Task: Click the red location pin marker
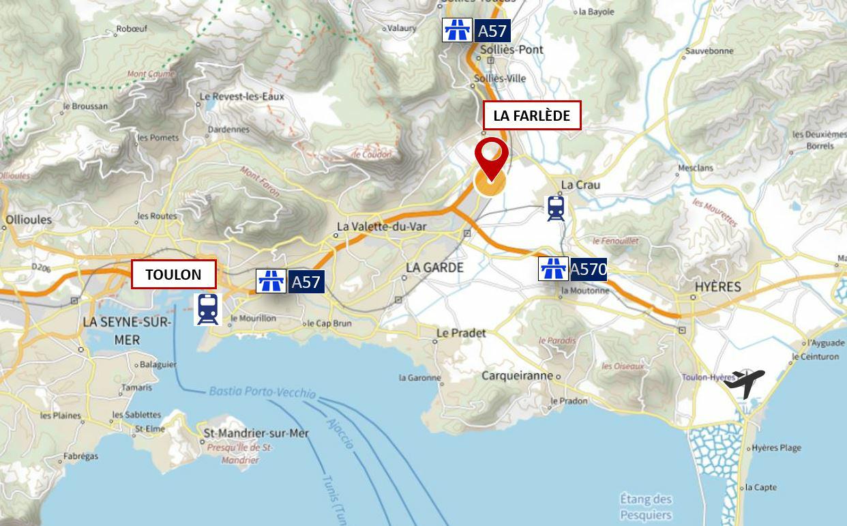pos(491,158)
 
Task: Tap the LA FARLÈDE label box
pos(531,115)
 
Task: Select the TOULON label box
pos(173,274)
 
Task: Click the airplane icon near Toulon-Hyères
pos(744,383)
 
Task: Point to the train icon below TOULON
pos(208,309)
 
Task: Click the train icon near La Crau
pos(556,208)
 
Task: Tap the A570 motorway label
pos(573,269)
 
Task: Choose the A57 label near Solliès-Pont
pos(476,31)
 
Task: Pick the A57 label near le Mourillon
pos(290,281)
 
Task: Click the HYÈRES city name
pos(717,287)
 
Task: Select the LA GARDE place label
pos(434,268)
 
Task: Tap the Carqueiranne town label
pos(517,376)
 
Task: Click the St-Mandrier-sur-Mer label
pos(256,433)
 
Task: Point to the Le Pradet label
pos(461,333)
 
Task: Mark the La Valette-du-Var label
pos(382,227)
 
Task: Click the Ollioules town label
pos(28,220)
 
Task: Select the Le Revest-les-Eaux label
pos(241,97)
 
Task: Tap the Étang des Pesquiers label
pos(645,507)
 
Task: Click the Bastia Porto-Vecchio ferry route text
pos(262,392)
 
